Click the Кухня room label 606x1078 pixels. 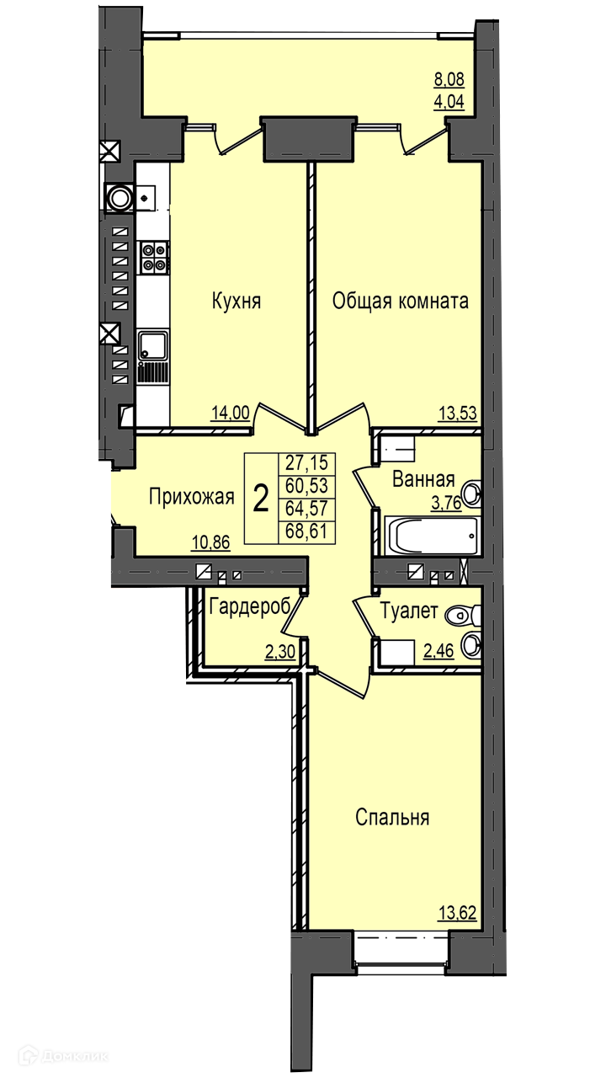(x=237, y=302)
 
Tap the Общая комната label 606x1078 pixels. (x=400, y=302)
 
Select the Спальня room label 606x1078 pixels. (x=392, y=817)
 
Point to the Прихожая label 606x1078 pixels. (x=191, y=497)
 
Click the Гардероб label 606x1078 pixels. (x=250, y=607)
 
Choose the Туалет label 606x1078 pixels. (x=409, y=611)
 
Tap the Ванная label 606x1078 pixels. (x=423, y=479)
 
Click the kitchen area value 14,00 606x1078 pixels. (x=231, y=413)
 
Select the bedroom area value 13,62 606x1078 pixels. (x=457, y=912)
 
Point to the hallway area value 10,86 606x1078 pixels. (x=211, y=542)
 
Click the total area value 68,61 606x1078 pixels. (x=306, y=531)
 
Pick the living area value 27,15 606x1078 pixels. (x=306, y=462)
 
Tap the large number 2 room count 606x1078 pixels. (x=261, y=499)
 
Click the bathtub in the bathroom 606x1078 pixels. (x=433, y=536)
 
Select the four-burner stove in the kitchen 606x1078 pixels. (x=154, y=257)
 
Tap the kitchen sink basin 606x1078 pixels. (x=153, y=345)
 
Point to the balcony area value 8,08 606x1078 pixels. (x=449, y=79)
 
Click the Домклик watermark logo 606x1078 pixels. (x=63, y=1057)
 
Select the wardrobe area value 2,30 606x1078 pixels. (x=280, y=652)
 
